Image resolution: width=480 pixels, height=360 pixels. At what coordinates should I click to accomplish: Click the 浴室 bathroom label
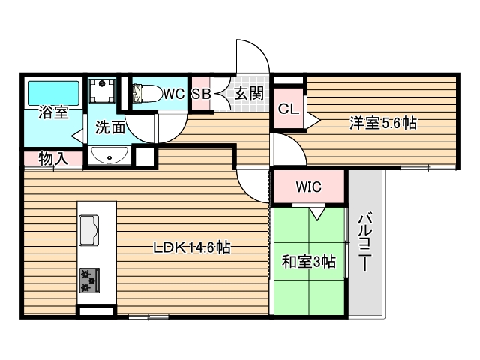click(x=53, y=114)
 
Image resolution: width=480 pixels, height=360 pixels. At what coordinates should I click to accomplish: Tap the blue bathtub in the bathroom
click(x=53, y=94)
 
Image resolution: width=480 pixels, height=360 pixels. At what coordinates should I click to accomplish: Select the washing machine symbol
click(x=101, y=92)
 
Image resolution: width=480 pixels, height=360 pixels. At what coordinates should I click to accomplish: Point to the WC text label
click(x=174, y=94)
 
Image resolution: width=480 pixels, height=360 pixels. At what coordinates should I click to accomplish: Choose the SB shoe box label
click(x=199, y=94)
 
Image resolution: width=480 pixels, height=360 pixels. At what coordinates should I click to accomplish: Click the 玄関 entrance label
click(x=247, y=94)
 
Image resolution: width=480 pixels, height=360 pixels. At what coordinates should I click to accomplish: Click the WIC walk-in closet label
click(x=308, y=187)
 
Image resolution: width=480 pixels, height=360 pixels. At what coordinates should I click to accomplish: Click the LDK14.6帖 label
click(x=192, y=247)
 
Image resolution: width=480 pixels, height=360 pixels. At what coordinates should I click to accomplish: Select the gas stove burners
click(x=89, y=280)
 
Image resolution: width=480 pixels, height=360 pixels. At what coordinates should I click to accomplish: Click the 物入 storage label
click(x=52, y=158)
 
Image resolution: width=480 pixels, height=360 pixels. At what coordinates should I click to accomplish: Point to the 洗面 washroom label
click(x=109, y=127)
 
